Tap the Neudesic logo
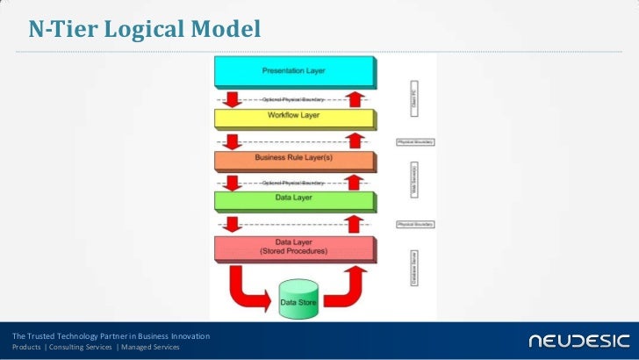[x=578, y=340]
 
